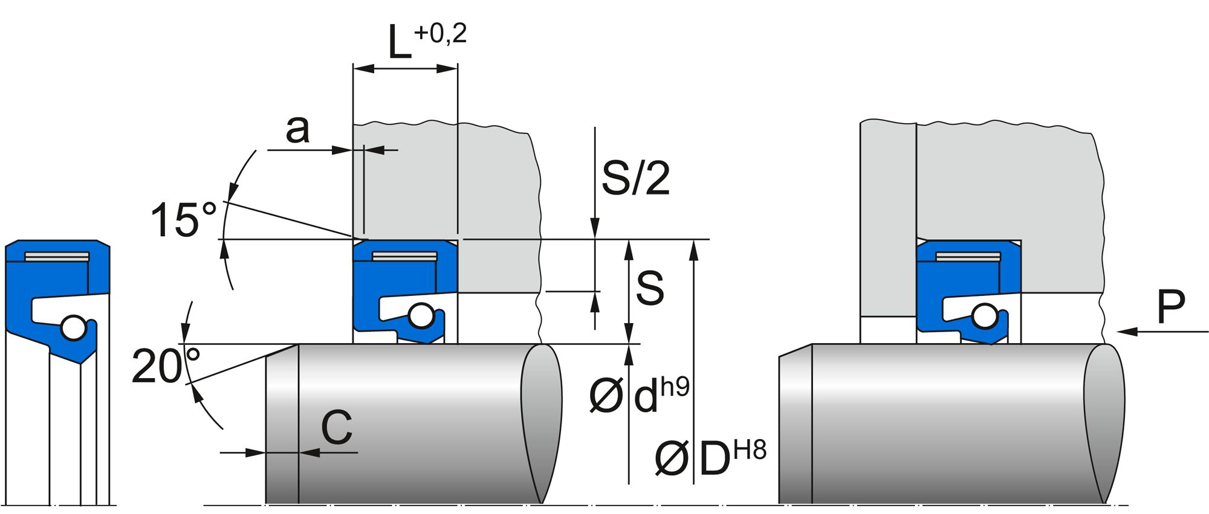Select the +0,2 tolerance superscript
[440, 33]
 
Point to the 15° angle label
[183, 220]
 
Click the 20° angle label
[165, 365]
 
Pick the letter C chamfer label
[336, 428]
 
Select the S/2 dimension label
[635, 178]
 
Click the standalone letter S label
[650, 288]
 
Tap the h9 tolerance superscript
[675, 387]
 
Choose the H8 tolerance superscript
[750, 450]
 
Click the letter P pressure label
[1170, 307]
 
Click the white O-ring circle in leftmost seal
[74, 328]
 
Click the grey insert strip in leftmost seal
[57, 257]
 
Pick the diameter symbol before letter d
[605, 397]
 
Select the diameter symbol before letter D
[671, 460]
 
